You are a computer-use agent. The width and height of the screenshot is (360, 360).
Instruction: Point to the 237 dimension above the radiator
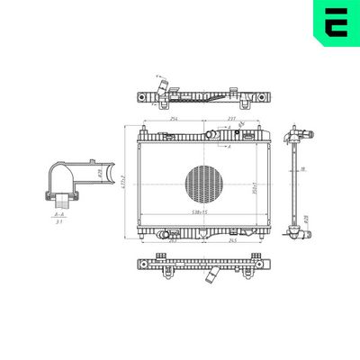coord(231,119)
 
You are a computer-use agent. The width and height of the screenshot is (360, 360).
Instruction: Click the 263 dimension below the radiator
coord(172,241)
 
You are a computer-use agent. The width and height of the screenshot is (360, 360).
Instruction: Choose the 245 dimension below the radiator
coord(231,241)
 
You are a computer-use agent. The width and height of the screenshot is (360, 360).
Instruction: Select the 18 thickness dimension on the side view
coord(303,168)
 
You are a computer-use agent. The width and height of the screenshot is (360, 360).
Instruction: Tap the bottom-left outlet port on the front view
coord(163,235)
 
